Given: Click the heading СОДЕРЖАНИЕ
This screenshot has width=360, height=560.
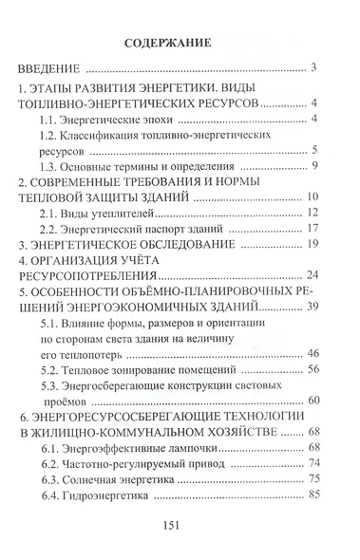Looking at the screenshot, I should click(x=179, y=44).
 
